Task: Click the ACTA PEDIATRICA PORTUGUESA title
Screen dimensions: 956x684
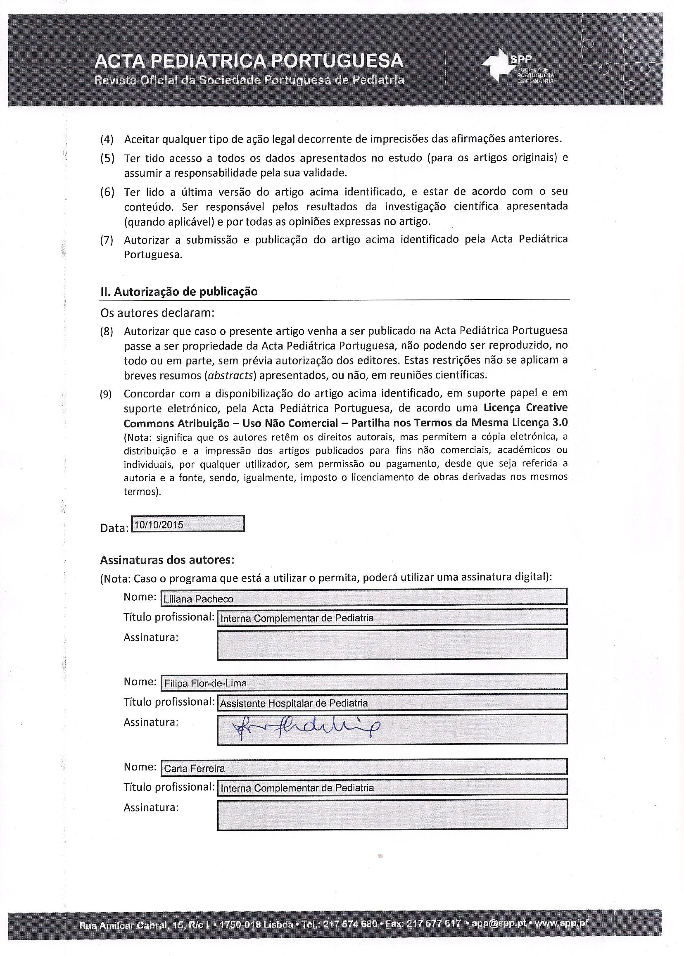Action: pyautogui.click(x=249, y=62)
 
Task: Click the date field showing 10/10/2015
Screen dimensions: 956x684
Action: pyautogui.click(x=188, y=525)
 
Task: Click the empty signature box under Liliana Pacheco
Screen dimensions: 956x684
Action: pyautogui.click(x=392, y=644)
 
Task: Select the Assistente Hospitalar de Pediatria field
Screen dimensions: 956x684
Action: pyautogui.click(x=392, y=703)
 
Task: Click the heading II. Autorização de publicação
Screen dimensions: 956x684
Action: pyautogui.click(x=178, y=291)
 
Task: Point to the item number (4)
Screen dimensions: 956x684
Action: pyautogui.click(x=107, y=139)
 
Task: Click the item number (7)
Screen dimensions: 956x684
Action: pyautogui.click(x=107, y=240)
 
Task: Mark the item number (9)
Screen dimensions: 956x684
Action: pyautogui.click(x=106, y=395)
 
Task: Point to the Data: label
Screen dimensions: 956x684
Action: pyautogui.click(x=114, y=528)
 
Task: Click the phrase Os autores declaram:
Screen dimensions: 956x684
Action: pyautogui.click(x=157, y=313)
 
